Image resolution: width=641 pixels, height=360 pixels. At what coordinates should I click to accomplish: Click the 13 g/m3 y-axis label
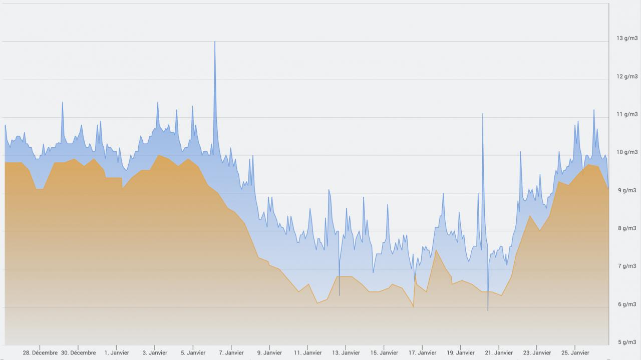626,38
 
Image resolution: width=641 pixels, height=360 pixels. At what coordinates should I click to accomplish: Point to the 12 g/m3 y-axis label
626,76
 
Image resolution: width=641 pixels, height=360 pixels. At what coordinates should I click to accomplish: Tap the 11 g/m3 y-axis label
626,114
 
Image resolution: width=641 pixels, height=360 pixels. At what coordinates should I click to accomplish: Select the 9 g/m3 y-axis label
627,190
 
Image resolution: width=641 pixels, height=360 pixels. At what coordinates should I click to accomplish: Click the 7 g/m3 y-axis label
627,266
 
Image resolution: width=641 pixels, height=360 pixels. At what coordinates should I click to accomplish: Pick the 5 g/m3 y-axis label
627,342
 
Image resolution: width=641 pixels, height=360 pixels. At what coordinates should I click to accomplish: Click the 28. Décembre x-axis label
40,352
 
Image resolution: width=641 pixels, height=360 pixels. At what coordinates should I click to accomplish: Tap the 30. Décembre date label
78,352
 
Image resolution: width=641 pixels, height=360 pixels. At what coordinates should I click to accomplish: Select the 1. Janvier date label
117,352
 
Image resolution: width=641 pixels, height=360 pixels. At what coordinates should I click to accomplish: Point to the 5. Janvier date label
193,352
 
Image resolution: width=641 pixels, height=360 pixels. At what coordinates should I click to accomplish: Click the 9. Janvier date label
269,352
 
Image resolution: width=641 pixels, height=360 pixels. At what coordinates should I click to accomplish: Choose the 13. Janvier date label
346,352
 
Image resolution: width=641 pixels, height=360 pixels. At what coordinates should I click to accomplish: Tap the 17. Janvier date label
422,352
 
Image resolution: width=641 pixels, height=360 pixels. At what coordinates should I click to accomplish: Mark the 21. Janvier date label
499,352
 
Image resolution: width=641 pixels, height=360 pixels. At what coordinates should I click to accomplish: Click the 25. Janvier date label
575,352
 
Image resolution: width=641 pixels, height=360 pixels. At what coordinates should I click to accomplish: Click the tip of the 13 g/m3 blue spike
215,42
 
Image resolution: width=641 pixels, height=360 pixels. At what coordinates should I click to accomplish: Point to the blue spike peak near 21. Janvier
483,114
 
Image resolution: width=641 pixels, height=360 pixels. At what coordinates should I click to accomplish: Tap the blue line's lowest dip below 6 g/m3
488,310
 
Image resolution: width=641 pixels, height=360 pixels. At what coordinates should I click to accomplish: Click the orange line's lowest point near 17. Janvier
413,306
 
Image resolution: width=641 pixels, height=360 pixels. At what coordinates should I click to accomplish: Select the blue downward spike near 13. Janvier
340,295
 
